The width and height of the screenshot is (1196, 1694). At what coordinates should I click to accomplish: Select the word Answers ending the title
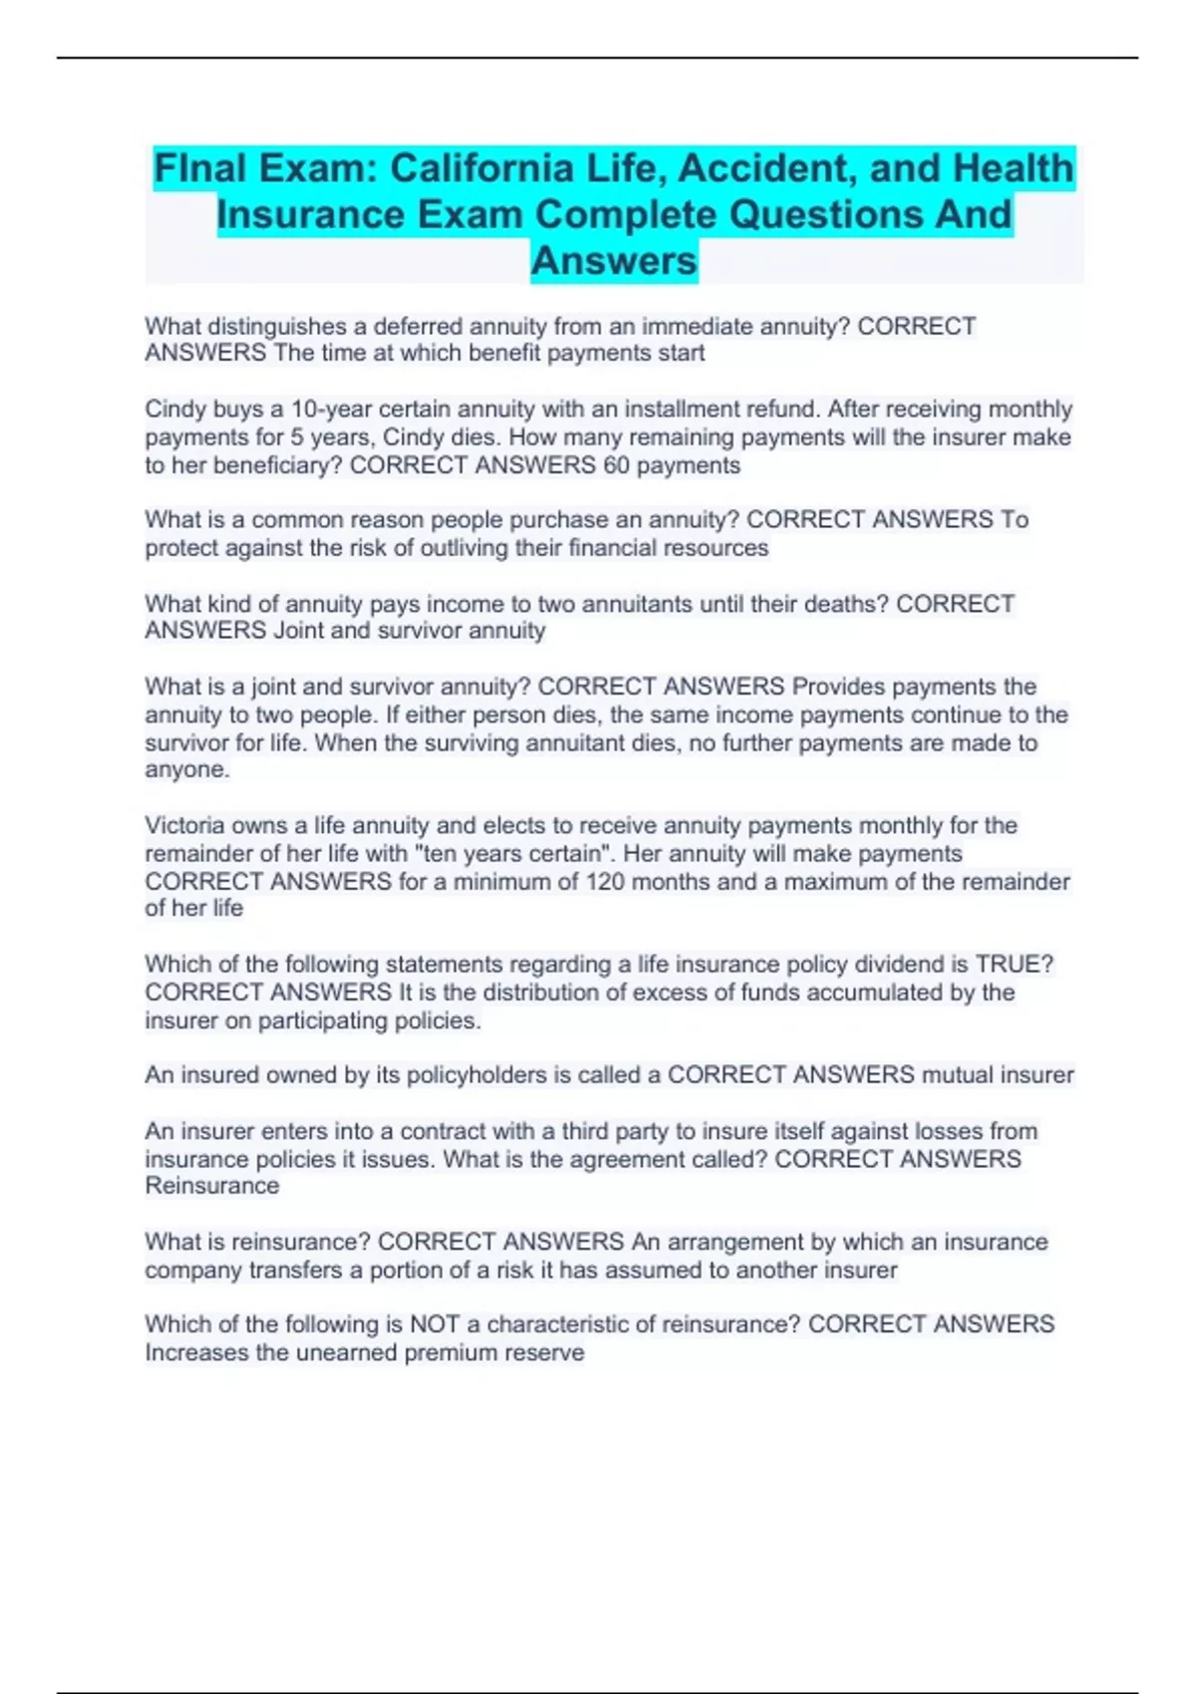[614, 261]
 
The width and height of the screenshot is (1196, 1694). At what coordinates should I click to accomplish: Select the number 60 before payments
[616, 465]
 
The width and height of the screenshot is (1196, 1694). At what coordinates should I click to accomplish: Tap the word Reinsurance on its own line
[211, 1186]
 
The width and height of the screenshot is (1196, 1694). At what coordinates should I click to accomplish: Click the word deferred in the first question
[417, 326]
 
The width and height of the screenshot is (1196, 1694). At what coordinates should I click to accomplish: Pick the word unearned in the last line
[346, 1353]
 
